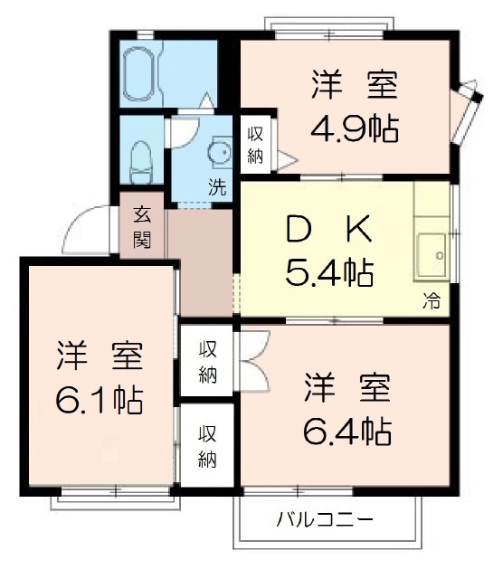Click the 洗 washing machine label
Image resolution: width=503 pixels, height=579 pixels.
point(217,189)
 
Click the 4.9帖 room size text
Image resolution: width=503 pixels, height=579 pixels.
point(356,128)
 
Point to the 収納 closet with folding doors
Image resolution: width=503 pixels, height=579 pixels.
point(208,363)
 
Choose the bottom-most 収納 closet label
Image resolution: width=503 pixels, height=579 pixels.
point(208,446)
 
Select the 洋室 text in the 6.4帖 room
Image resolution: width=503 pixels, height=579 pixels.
point(347,388)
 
